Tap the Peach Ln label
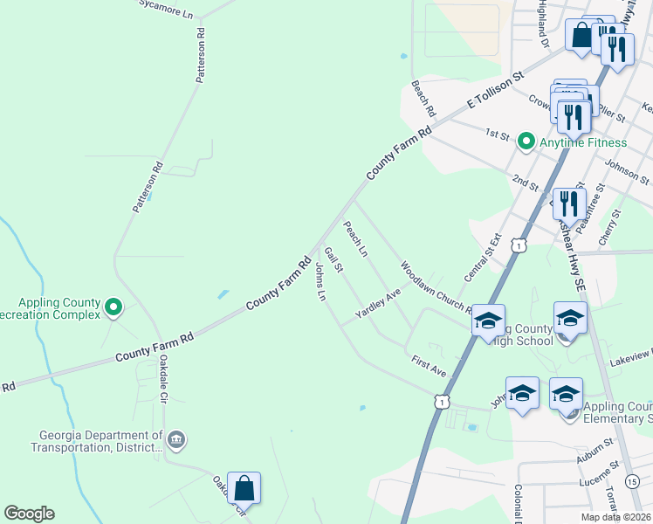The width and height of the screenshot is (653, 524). point(355,238)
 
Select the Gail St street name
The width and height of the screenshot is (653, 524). point(333,259)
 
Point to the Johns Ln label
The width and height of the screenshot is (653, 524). point(320,284)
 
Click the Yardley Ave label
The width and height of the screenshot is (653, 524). point(377,303)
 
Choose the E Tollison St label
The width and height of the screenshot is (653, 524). point(494,91)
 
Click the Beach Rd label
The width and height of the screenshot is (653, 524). point(423,100)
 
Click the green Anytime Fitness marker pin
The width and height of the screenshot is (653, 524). point(526,141)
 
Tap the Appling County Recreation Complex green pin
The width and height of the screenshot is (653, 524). point(113,307)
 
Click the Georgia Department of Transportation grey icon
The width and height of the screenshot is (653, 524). point(176,438)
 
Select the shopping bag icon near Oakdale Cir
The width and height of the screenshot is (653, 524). point(244,487)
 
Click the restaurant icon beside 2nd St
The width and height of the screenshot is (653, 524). point(568,203)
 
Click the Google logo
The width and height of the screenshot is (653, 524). point(29,514)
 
